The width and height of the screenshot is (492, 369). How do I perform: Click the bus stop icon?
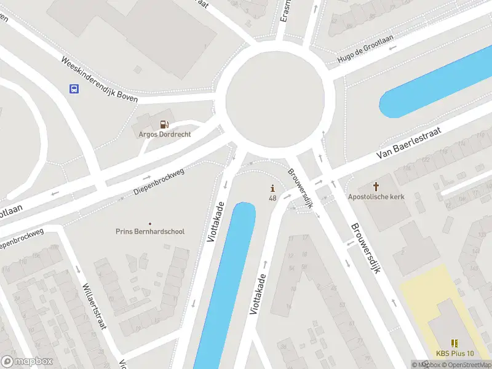click(x=74, y=89)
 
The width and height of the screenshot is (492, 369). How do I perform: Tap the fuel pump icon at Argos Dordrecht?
click(x=164, y=124)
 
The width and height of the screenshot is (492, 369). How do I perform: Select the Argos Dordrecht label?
click(x=164, y=134)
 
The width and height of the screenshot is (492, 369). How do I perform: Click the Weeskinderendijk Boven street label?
click(x=99, y=80)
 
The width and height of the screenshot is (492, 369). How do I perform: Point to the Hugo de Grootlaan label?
click(x=365, y=49)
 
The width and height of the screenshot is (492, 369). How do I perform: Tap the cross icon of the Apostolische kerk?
click(x=376, y=186)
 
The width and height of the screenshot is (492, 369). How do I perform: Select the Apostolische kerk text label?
click(x=376, y=197)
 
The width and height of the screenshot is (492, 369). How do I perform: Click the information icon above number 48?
click(x=272, y=188)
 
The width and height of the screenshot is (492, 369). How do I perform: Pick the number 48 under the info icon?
click(x=272, y=198)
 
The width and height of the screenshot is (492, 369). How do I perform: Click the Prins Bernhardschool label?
click(x=150, y=231)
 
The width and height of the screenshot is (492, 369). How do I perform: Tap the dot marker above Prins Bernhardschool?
click(x=150, y=223)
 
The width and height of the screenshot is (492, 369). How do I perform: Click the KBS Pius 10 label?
click(x=455, y=353)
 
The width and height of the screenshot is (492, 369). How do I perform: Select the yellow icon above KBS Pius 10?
click(x=454, y=343)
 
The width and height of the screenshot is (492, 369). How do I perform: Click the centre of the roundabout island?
click(x=274, y=98)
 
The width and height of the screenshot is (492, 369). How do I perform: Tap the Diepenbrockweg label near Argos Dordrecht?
click(x=159, y=183)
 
